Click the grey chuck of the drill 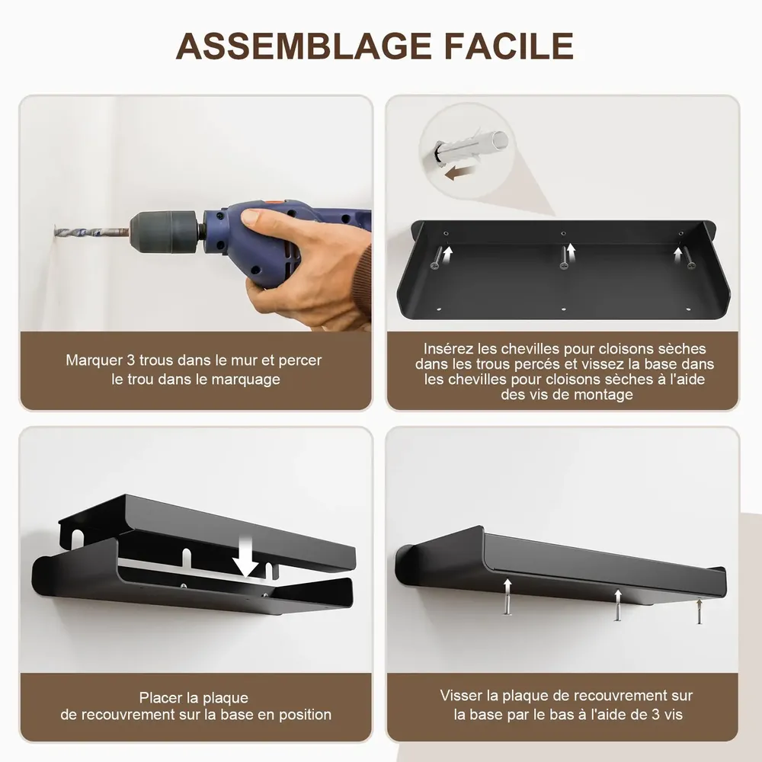click(163, 228)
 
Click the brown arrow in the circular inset click(459, 174)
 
